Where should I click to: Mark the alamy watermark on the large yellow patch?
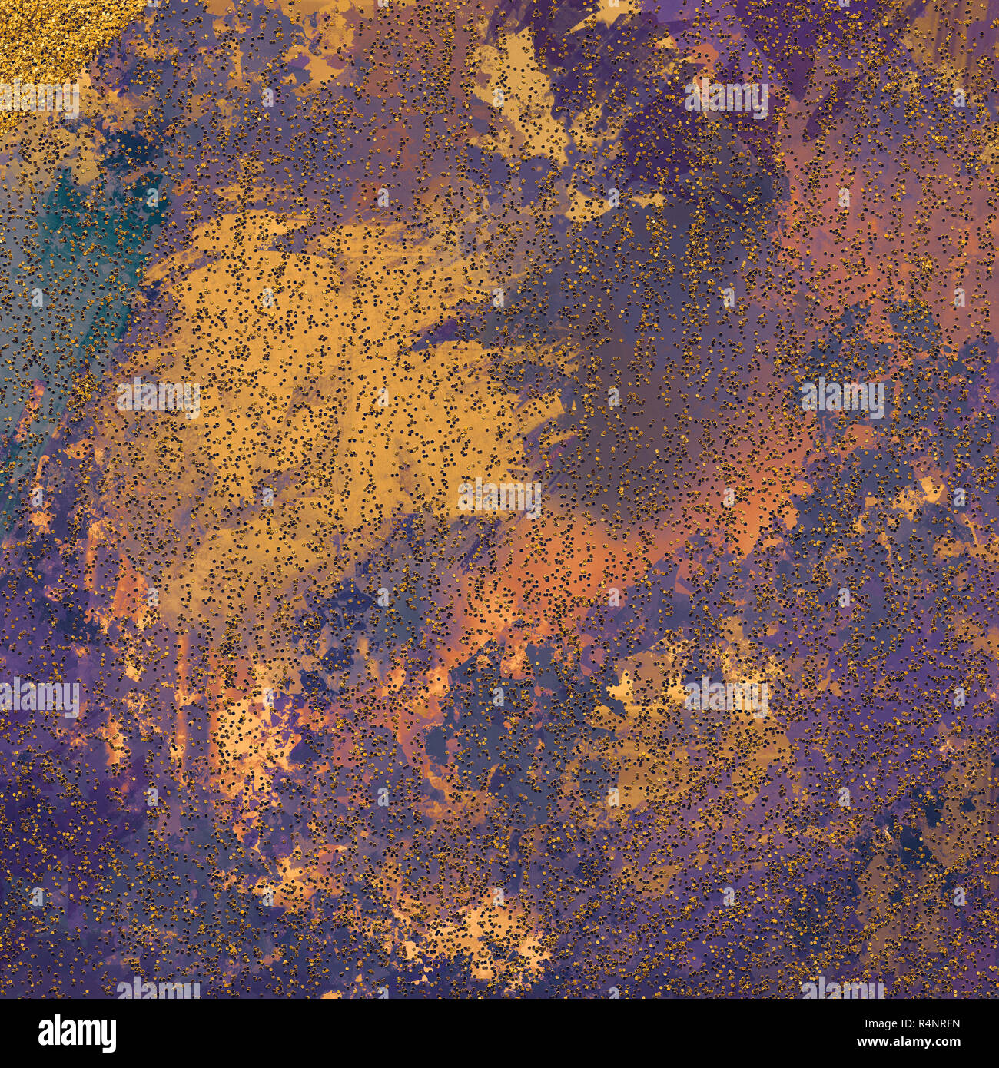point(158,398)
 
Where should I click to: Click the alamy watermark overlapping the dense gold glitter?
point(38,99)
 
